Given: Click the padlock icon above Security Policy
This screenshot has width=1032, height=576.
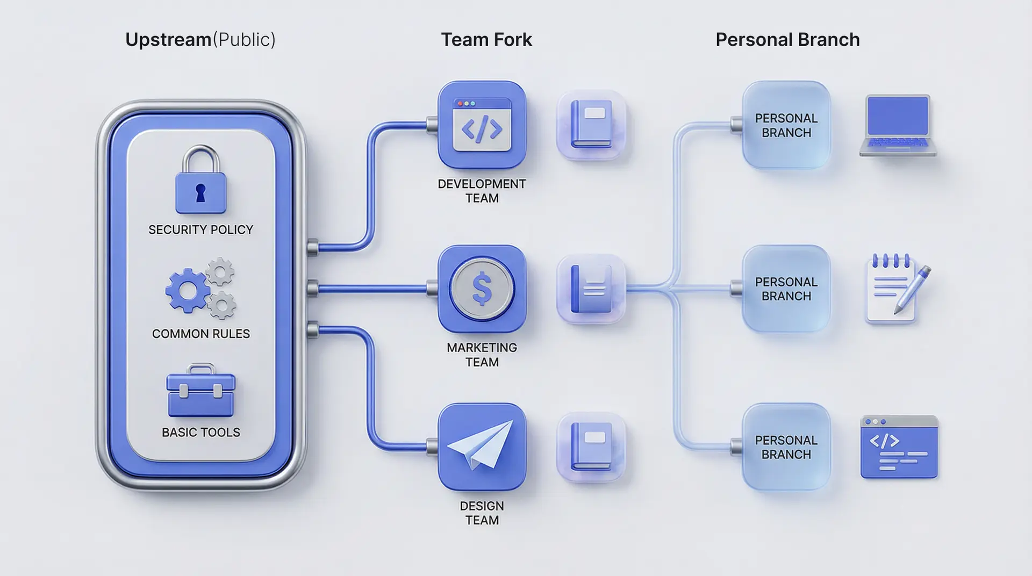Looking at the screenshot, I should [x=201, y=183].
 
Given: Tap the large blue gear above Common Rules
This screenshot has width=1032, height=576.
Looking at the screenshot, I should [x=188, y=291].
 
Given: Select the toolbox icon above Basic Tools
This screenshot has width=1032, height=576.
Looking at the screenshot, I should [x=201, y=392].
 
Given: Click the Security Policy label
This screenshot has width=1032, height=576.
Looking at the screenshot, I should [x=200, y=230].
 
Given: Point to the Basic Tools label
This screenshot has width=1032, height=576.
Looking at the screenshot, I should [x=201, y=433].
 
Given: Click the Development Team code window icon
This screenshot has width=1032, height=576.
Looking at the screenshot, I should [x=482, y=125].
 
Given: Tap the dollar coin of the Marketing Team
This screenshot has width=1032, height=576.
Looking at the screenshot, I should [x=482, y=289].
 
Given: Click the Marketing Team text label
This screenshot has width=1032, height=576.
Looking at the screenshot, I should [x=482, y=355].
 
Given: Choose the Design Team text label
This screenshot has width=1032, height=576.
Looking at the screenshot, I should [x=482, y=513].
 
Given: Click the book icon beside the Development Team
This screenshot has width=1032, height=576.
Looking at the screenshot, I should [x=591, y=125].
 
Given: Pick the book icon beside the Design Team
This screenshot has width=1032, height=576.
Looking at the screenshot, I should [x=591, y=447].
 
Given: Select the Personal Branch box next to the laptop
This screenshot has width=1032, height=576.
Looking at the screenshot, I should [x=786, y=125].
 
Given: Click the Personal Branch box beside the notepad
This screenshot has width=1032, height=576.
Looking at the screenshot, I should [x=786, y=289].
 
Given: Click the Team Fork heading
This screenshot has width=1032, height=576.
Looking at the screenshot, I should [x=486, y=40].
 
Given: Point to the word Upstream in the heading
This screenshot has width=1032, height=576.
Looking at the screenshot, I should [x=168, y=40].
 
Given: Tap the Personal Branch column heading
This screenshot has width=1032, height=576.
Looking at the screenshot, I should [x=787, y=40].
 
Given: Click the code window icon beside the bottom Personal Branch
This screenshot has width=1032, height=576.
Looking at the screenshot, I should [x=899, y=447].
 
